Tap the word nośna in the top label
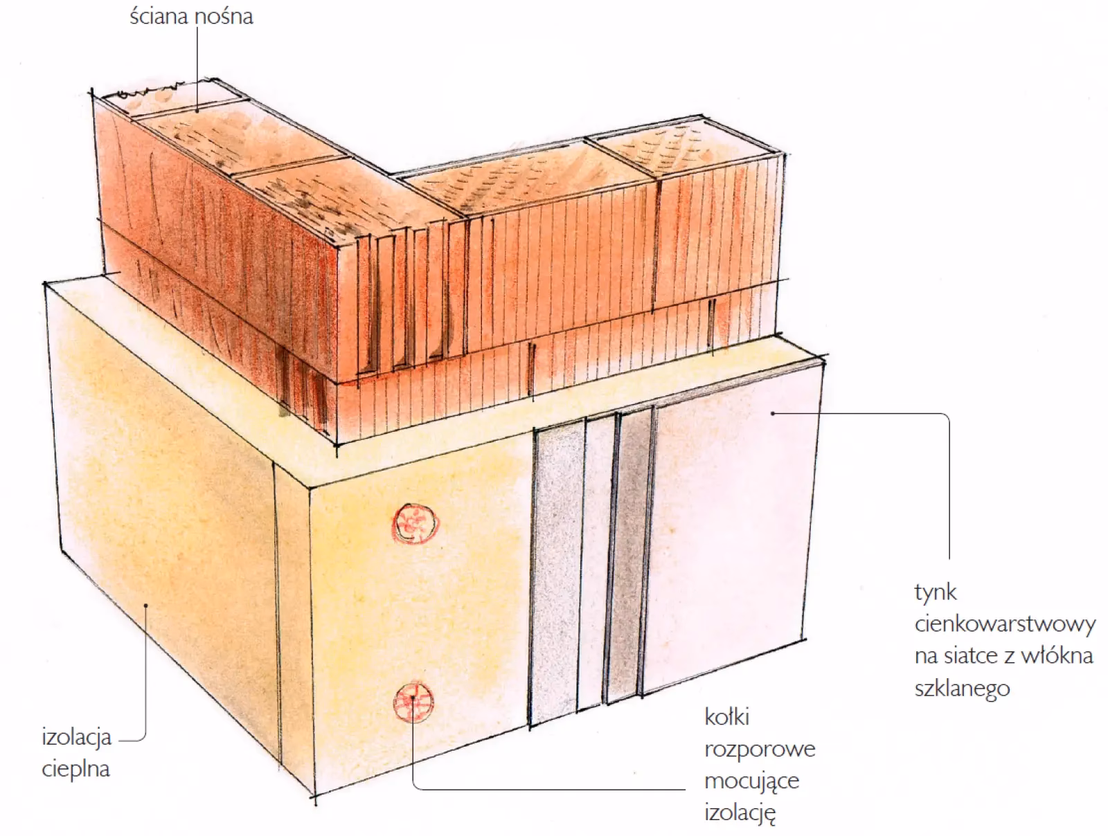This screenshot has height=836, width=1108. coord(224,16)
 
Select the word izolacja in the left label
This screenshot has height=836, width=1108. coord(76,737)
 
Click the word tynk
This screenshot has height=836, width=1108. coord(936,592)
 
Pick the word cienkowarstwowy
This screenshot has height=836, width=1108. coord(1005,624)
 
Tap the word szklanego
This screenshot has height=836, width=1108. coord(962,689)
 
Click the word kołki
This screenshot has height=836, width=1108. coord(727,716)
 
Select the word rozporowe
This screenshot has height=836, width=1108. coord(760,749)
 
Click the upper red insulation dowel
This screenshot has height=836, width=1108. coord(415,523)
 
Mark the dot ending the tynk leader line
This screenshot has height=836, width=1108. coord(773,413)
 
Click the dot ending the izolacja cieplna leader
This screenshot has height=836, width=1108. coord(146,605)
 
